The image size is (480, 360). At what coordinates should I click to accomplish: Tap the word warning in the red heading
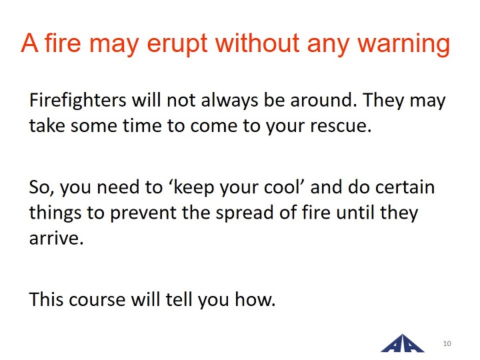click(x=404, y=44)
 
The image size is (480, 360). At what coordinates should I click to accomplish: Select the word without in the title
click(x=257, y=43)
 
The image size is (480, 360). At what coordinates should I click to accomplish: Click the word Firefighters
click(x=78, y=101)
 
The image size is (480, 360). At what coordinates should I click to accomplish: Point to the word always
click(x=229, y=101)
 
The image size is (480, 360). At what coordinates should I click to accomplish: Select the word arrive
click(x=56, y=239)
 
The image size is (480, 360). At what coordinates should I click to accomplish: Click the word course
click(x=97, y=299)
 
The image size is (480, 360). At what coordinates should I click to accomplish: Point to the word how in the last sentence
click(x=255, y=299)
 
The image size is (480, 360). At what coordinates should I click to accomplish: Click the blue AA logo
click(x=402, y=343)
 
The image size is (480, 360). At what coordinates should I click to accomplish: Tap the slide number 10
click(x=447, y=343)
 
